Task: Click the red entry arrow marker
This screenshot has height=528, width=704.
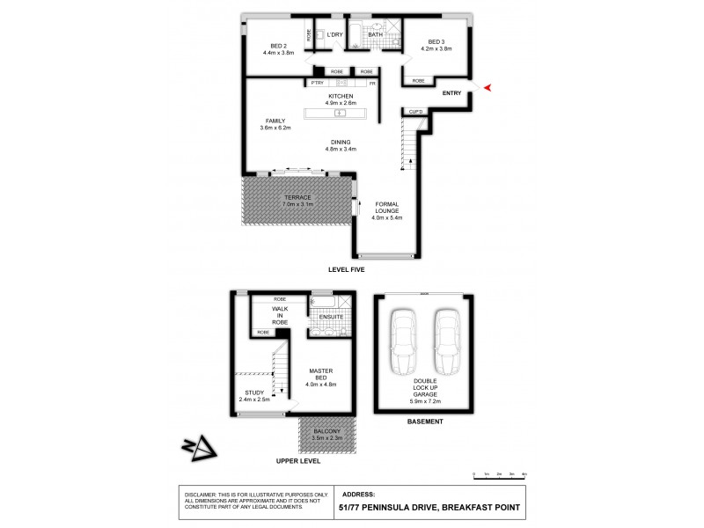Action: pos(488,86)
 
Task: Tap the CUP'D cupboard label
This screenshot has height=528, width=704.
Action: pos(416,112)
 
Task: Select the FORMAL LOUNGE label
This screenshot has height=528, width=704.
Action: pos(387,208)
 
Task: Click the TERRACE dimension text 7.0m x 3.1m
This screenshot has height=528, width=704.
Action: pos(297,203)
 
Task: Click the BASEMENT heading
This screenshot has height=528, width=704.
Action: pos(424,422)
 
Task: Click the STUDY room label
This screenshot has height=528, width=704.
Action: pos(251,392)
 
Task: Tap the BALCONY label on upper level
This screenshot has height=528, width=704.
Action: pos(327,430)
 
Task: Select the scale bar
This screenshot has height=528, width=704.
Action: pos(499,474)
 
